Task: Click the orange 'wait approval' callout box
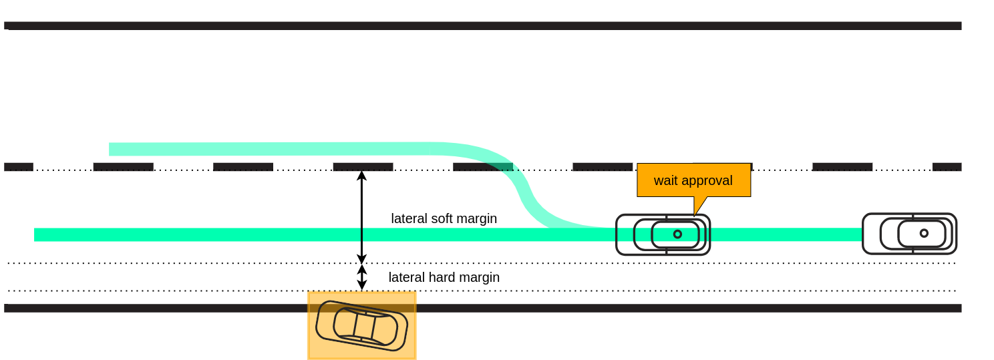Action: [693, 180]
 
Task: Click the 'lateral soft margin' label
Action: [444, 218]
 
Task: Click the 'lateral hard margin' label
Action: [444, 277]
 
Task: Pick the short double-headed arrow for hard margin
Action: [361, 277]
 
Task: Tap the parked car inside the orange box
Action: [361, 325]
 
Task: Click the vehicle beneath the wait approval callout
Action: [663, 234]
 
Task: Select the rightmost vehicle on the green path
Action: [909, 234]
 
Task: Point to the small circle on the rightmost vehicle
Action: [924, 233]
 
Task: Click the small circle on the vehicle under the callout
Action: [677, 234]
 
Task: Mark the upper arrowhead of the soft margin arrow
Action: [361, 176]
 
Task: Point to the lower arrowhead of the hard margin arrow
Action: [361, 285]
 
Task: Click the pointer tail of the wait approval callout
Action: [699, 206]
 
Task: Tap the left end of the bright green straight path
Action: [38, 234]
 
